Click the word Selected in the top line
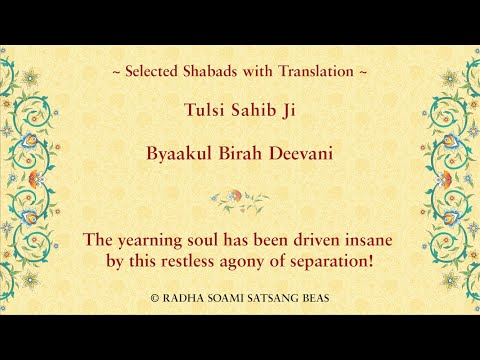click(x=160, y=72)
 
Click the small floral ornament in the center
click(x=239, y=197)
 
